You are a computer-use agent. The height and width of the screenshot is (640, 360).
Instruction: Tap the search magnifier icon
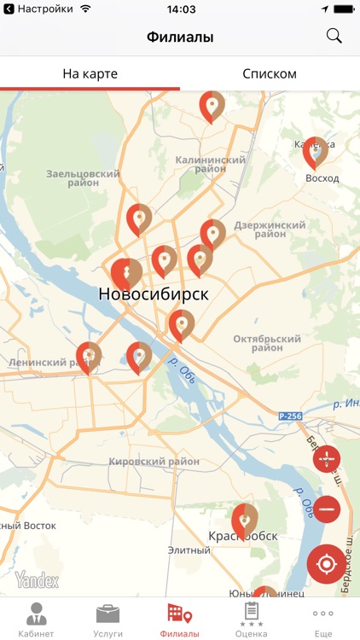point(334,36)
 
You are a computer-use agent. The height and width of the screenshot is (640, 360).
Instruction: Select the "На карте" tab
point(90,74)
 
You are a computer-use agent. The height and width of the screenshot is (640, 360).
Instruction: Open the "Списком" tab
point(270,74)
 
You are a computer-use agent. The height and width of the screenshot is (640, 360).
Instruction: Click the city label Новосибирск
point(154,294)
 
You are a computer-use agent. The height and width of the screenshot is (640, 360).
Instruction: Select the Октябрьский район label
point(270,343)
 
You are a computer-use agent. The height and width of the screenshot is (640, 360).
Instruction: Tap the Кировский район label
point(154,462)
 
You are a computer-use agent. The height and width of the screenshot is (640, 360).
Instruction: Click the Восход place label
point(322,178)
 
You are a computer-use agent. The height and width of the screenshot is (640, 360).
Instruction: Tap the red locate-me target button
point(327,563)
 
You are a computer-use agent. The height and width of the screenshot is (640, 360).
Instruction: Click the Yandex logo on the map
point(37,580)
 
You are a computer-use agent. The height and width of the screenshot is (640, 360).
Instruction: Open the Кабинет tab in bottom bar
point(36,620)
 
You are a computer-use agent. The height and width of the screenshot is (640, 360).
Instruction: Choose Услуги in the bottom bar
point(107,620)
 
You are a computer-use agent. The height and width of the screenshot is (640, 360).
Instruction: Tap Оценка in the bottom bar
point(252,620)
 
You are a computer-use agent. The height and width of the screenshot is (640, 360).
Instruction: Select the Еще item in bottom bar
point(323,620)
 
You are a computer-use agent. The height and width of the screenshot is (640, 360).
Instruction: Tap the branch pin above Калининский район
point(212,106)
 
